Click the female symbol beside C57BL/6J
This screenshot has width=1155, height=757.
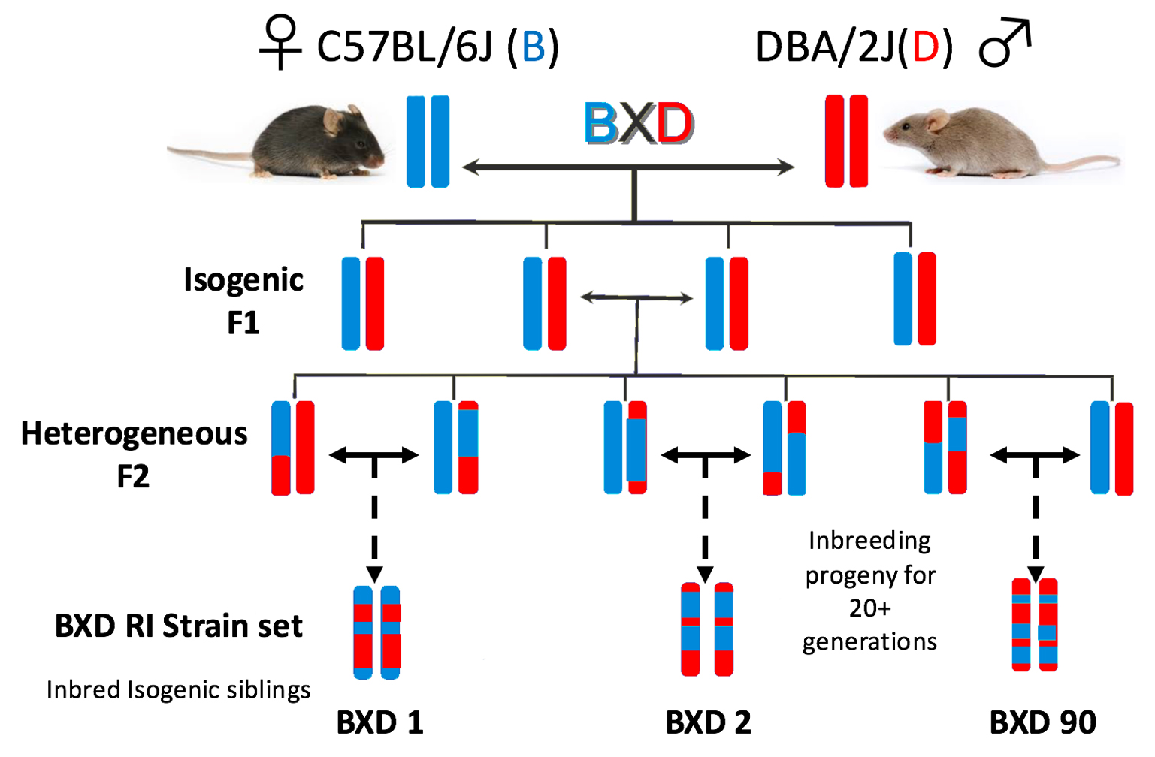[280, 44]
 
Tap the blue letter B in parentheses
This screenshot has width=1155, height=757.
[533, 47]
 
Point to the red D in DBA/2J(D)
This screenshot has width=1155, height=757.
[925, 47]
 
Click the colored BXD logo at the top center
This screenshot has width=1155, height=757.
[639, 123]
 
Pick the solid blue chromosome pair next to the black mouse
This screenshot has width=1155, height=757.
[428, 141]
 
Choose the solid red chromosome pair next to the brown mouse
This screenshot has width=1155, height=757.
[846, 141]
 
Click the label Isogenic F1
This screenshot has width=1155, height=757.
[243, 300]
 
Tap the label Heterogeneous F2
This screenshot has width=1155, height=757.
[134, 454]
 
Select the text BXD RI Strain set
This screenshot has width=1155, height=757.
[178, 626]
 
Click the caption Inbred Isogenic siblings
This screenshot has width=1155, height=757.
[178, 689]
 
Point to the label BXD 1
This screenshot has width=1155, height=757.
[379, 722]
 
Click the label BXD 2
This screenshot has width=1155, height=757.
[708, 722]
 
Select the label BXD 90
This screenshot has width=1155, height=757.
[1042, 722]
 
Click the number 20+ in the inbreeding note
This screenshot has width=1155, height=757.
[869, 608]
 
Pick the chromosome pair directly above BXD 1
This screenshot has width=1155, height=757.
[377, 632]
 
